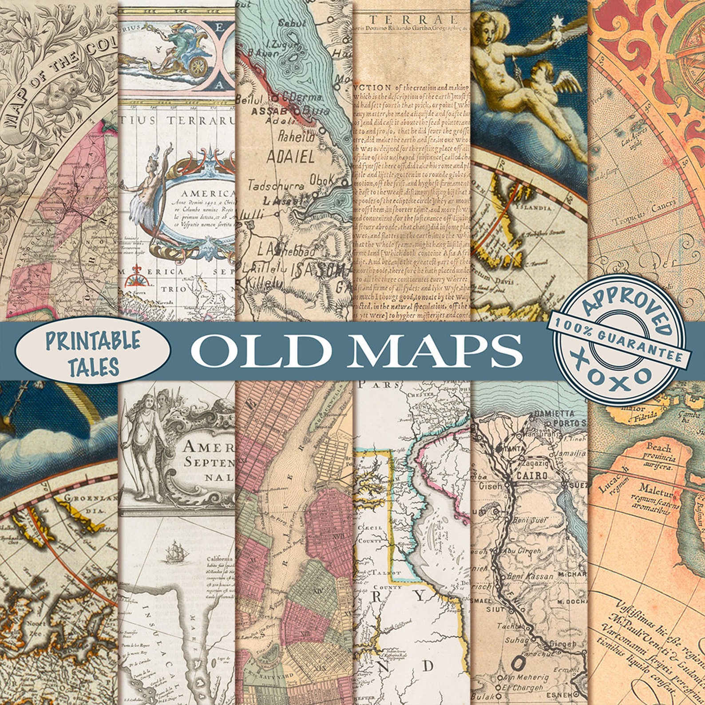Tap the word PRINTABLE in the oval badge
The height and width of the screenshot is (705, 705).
pos(93,341)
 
